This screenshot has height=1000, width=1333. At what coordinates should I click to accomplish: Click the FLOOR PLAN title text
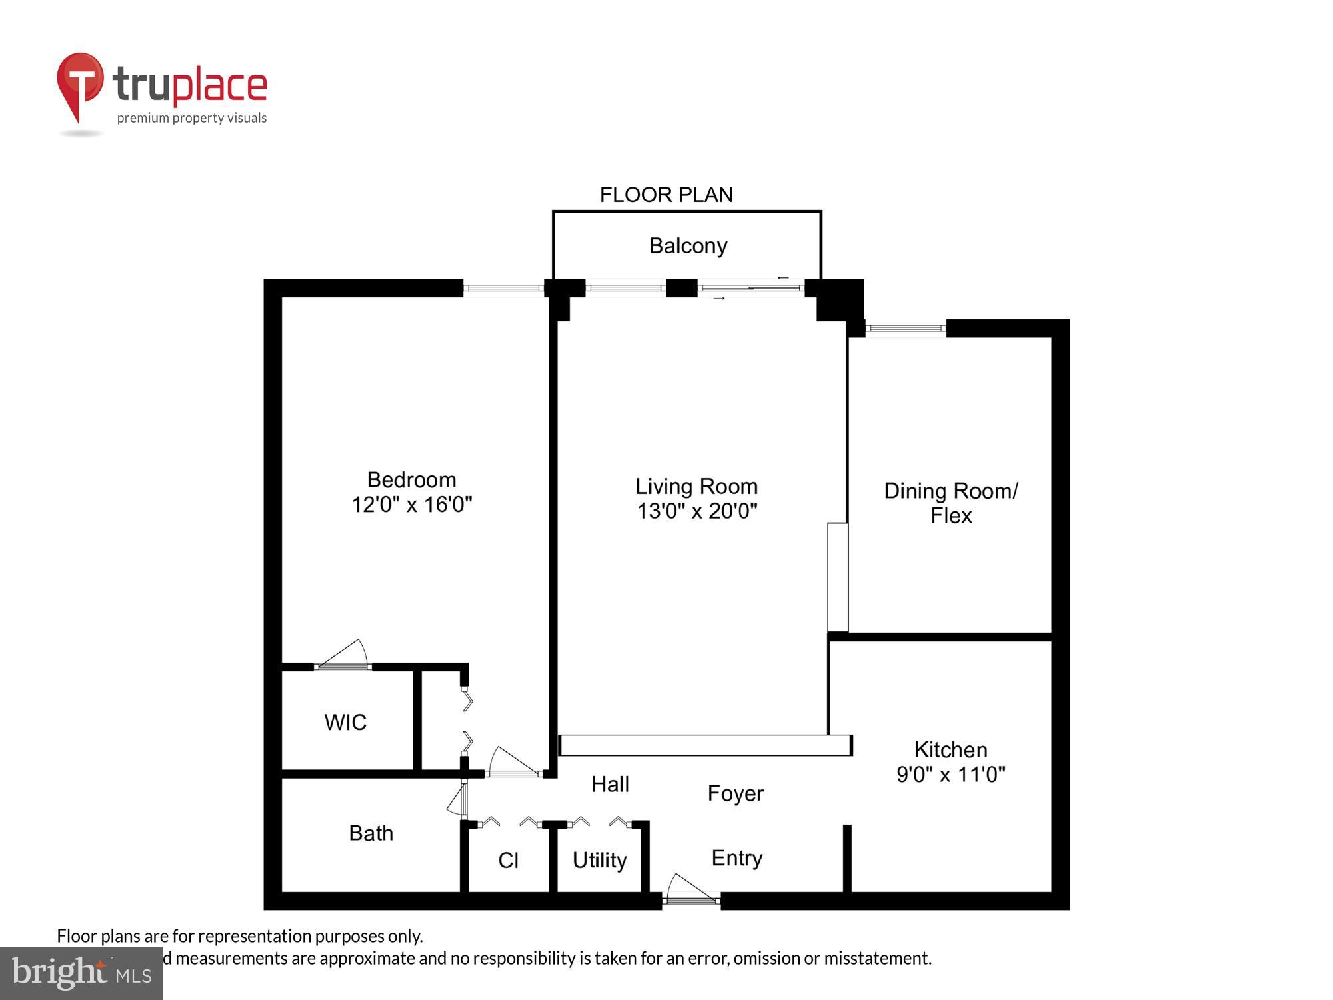666,195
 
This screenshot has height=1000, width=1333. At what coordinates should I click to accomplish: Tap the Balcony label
688,246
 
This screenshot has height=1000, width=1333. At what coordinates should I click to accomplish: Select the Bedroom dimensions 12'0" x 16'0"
411,505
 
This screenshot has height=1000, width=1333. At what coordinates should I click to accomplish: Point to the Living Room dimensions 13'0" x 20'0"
696,511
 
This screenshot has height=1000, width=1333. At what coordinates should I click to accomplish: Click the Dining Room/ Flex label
951,503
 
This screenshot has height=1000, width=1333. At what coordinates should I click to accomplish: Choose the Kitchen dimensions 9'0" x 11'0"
950,775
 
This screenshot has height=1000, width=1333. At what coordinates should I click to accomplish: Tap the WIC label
345,723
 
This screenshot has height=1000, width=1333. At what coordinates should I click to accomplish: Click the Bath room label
371,833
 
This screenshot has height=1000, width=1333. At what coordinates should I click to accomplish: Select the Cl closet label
508,861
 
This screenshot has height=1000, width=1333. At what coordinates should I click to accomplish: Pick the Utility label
599,861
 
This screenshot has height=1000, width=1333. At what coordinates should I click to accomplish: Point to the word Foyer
735,793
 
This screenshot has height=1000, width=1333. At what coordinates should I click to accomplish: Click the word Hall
610,785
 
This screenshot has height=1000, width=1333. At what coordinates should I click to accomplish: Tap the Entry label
736,858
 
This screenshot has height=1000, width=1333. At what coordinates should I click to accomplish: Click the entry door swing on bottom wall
690,890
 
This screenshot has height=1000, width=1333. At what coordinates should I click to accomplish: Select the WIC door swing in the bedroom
343,655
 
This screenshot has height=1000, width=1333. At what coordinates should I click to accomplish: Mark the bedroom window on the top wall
503,288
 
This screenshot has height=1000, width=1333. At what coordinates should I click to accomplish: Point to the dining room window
905,328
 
